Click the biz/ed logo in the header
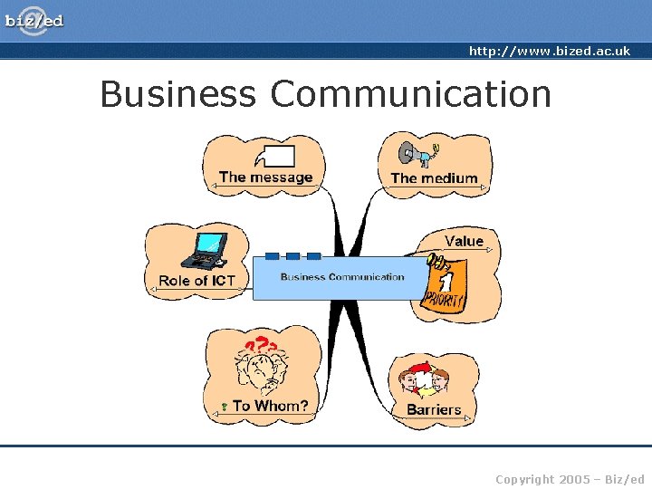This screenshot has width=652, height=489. tap(34, 19)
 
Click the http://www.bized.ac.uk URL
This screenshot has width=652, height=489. tap(549, 52)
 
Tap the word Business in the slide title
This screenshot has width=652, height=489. tap(177, 94)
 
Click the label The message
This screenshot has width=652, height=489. tap(265, 177)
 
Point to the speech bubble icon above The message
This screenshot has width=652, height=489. tap(275, 156)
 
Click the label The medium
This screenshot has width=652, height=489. tap(434, 178)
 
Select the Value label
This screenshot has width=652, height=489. tap(464, 241)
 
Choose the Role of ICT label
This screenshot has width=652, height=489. tap(197, 281)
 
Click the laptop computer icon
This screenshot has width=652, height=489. tap(206, 250)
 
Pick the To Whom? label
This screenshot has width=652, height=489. tap(270, 406)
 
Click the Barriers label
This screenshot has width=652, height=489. tap(434, 409)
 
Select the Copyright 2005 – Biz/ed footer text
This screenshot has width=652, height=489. tap(570, 479)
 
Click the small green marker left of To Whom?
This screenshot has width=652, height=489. tap(223, 407)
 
